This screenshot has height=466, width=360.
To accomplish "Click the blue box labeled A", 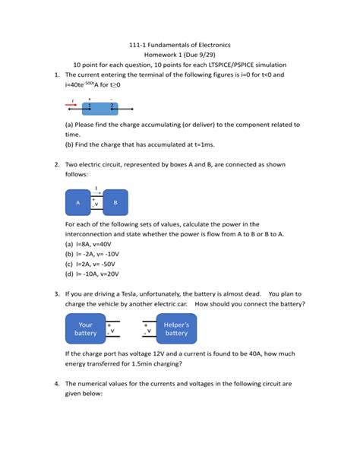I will pyautogui.click(x=78, y=203).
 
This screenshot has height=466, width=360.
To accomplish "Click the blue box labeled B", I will pyautogui.click(x=115, y=203).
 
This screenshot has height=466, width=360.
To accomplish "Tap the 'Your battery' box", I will pyautogui.click(x=85, y=328).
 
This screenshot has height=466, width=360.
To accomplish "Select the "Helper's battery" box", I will pyautogui.click(x=176, y=328).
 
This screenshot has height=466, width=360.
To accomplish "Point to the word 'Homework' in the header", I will pyautogui.click(x=168, y=55).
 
